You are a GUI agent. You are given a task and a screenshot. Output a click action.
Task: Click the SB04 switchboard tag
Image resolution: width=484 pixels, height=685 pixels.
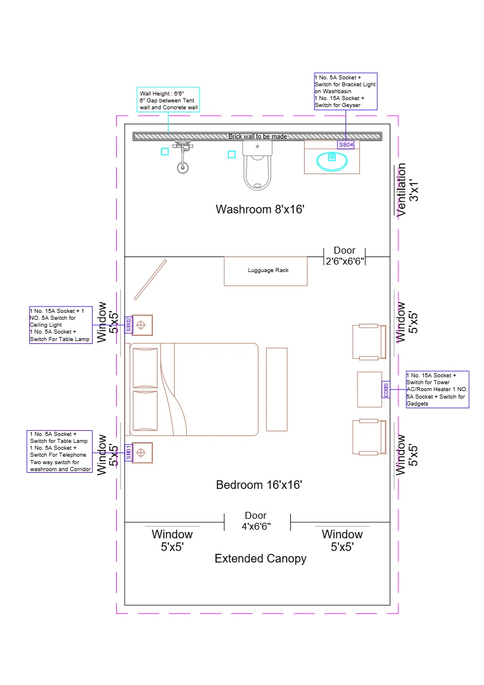click(x=345, y=145)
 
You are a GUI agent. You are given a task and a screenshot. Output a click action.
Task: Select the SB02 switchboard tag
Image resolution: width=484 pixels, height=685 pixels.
click(x=129, y=325)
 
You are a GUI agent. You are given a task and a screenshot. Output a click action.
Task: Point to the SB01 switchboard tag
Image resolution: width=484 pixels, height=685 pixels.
click(x=129, y=453)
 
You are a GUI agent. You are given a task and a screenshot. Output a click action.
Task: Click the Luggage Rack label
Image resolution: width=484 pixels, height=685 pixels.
click(x=268, y=270)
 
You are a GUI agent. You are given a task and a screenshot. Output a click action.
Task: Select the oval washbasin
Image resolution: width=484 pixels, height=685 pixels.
click(x=332, y=162)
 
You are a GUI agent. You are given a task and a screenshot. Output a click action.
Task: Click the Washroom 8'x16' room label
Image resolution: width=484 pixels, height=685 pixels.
click(x=259, y=209)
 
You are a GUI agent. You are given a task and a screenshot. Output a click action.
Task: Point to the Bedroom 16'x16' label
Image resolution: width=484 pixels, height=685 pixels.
click(x=259, y=485)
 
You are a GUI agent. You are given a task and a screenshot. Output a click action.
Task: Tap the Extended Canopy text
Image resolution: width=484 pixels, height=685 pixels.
click(x=260, y=558)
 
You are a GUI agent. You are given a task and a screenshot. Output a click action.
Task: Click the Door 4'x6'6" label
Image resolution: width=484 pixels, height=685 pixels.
click(x=256, y=521)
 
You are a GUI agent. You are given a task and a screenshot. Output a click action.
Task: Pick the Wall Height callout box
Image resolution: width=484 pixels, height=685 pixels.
click(x=168, y=100)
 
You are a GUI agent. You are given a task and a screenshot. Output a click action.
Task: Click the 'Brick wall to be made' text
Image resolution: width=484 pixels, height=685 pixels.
click(x=258, y=136)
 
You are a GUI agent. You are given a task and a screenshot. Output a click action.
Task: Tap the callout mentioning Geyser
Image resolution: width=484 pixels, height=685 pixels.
click(x=345, y=91)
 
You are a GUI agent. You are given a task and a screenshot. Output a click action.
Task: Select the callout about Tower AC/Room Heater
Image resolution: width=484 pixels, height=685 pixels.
click(x=437, y=389)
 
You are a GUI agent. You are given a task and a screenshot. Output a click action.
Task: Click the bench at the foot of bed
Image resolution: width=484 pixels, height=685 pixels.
click(x=276, y=389)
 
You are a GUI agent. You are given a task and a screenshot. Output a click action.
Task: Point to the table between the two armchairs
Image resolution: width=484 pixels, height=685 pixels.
click(x=369, y=389)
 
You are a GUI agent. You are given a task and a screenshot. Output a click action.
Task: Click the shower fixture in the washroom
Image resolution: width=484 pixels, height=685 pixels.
click(x=182, y=158)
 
